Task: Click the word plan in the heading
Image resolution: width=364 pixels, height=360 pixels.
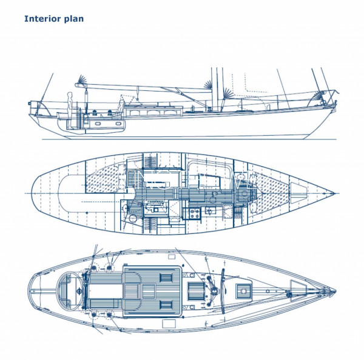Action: [x=74, y=19]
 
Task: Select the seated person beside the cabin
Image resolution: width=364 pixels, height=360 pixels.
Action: [x=121, y=107]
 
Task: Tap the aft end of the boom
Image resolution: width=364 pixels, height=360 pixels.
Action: [x=76, y=85]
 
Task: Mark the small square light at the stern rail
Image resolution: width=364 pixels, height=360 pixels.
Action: [x=30, y=103]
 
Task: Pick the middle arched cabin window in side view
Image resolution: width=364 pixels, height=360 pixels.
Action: [x=153, y=113]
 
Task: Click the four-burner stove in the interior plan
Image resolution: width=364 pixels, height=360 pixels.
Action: [x=195, y=213]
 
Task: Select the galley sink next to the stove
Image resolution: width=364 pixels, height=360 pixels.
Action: [x=211, y=211]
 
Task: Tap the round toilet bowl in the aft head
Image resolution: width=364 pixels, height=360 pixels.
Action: [x=133, y=218]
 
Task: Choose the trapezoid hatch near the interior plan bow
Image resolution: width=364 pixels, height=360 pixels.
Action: [x=298, y=193]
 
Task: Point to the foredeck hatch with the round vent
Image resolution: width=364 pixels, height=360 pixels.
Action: [x=243, y=291]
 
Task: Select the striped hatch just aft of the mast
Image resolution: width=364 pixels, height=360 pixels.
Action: [x=196, y=291]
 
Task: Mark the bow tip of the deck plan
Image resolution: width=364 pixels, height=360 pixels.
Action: [x=335, y=291]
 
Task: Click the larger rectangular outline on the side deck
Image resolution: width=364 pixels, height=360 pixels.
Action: [x=169, y=324]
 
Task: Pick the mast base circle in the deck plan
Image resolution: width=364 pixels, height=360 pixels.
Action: [x=214, y=290]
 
